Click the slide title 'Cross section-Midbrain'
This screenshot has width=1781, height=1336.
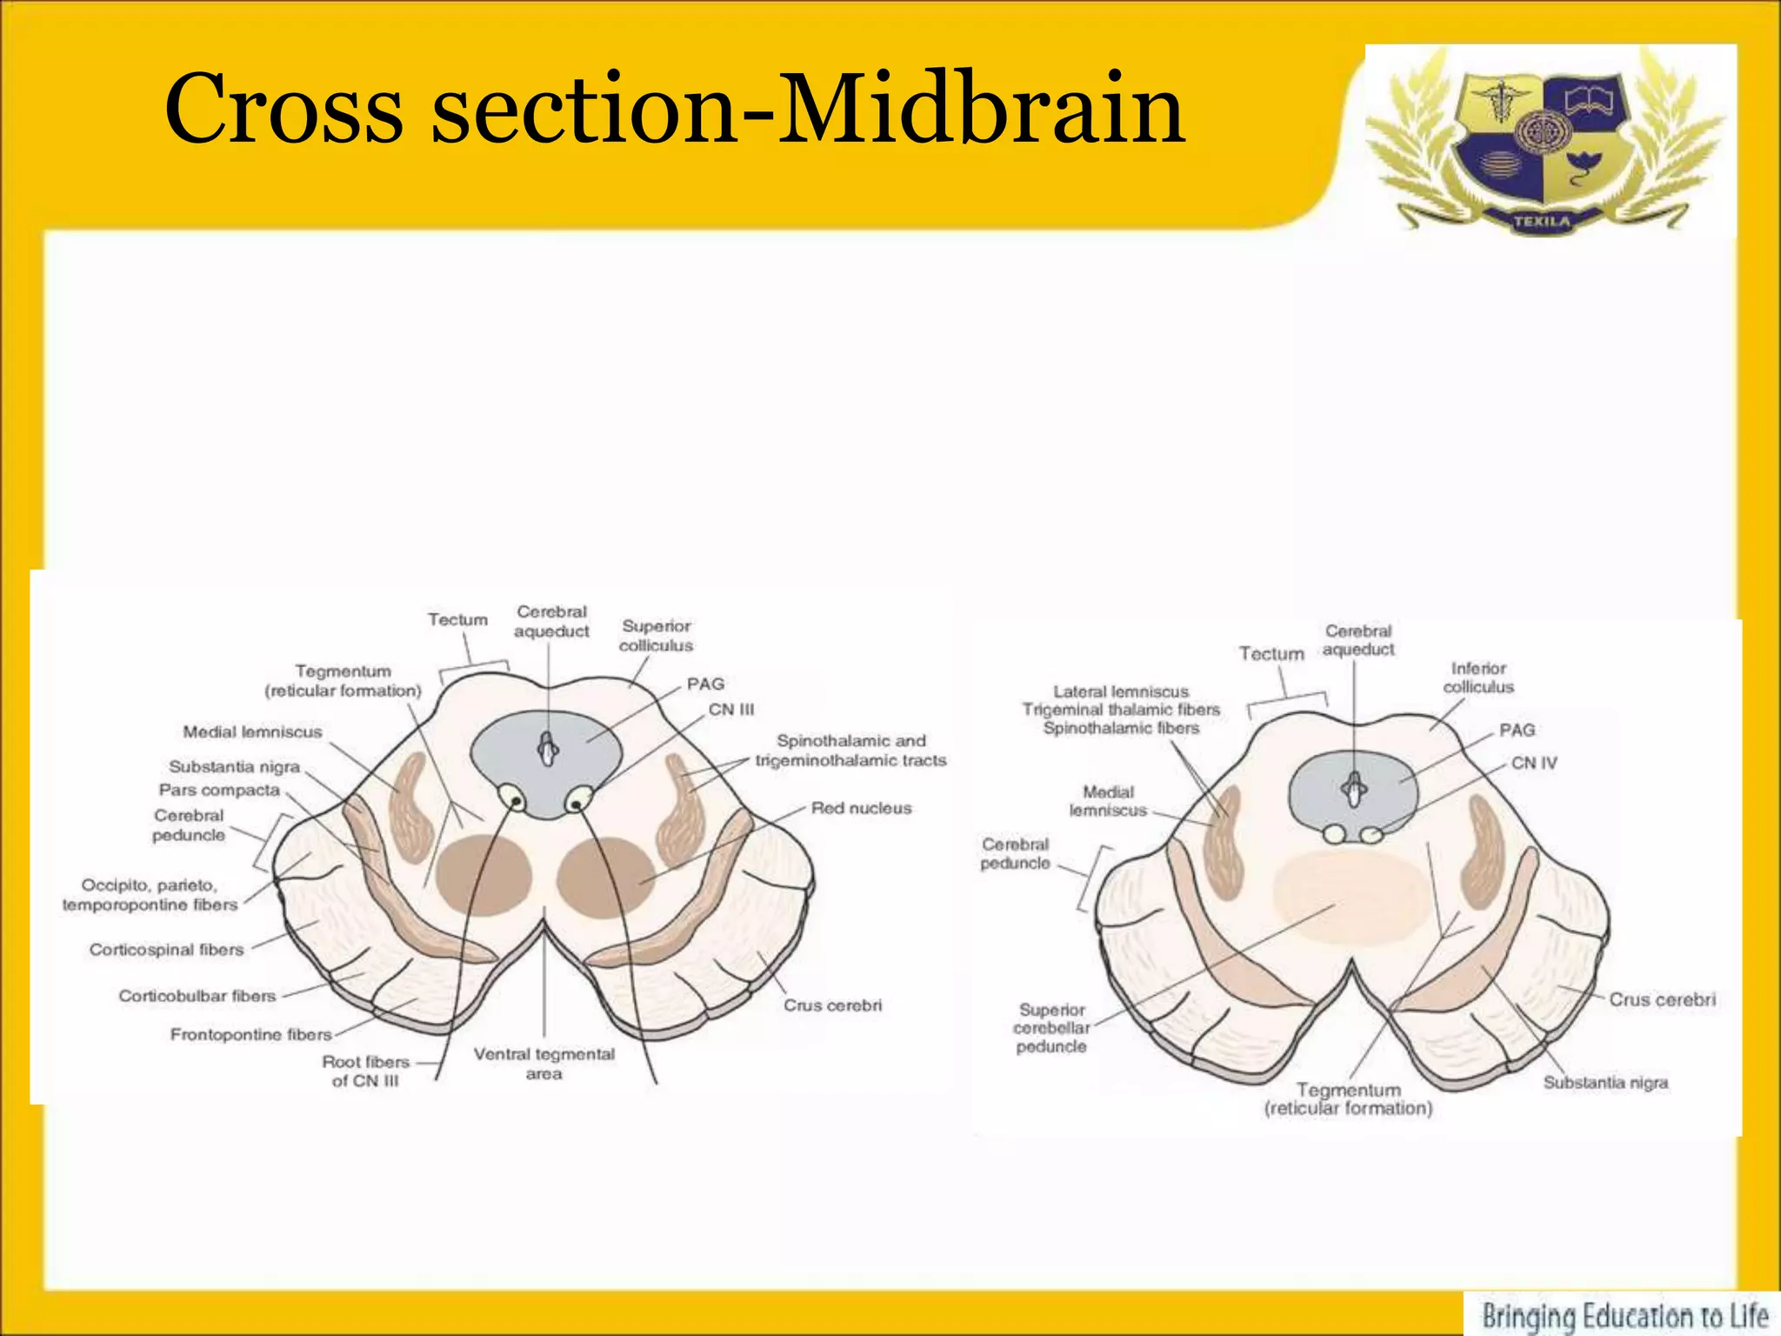click(x=674, y=109)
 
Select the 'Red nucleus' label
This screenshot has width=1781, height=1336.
click(x=861, y=808)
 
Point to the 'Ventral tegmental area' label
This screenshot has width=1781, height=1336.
click(x=544, y=1064)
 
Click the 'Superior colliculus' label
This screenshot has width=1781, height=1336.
click(x=656, y=636)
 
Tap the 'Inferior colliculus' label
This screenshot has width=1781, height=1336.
click(x=1478, y=678)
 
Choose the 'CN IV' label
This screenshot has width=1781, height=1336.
click(x=1534, y=763)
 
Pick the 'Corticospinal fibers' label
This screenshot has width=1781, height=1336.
click(x=167, y=950)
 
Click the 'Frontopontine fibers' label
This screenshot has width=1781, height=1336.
click(x=250, y=1034)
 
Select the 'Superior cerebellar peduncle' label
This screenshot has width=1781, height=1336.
click(x=1051, y=1027)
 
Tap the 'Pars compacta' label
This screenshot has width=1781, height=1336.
click(x=219, y=790)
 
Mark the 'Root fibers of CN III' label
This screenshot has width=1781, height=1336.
click(x=365, y=1071)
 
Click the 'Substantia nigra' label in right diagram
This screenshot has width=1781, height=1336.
click(x=1605, y=1083)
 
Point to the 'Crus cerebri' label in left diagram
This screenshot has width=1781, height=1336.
click(x=832, y=1005)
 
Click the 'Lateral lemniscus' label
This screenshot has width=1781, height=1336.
click(x=1121, y=691)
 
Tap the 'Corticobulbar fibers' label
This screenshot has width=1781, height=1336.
click(x=197, y=996)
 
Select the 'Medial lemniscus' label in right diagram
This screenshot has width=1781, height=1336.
click(x=1108, y=801)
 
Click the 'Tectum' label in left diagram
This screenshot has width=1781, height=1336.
click(x=457, y=619)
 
